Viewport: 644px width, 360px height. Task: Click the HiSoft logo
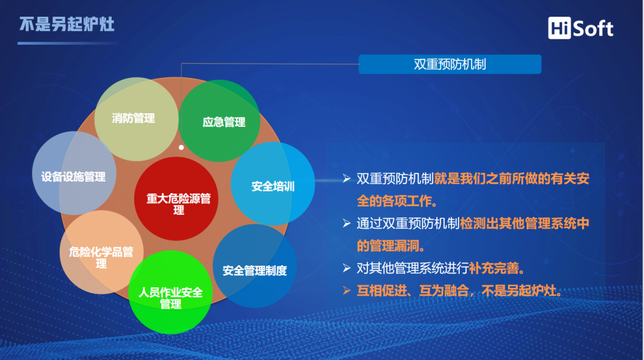[581, 27]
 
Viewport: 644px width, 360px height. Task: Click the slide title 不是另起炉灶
[66, 24]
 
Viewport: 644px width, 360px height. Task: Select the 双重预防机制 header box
[450, 64]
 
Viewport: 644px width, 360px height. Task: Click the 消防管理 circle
[134, 118]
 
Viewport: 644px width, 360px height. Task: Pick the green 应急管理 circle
[223, 122]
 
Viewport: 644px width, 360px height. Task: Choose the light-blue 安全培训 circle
[273, 185]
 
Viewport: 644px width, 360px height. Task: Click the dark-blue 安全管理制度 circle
[255, 269]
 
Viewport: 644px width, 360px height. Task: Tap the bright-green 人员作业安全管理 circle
[171, 297]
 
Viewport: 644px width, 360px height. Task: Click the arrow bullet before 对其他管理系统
[346, 268]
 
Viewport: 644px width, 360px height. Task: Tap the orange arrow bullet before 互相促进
[346, 291]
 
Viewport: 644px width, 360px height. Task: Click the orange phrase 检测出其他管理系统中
[525, 224]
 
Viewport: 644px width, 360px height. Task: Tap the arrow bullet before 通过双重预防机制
[346, 224]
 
